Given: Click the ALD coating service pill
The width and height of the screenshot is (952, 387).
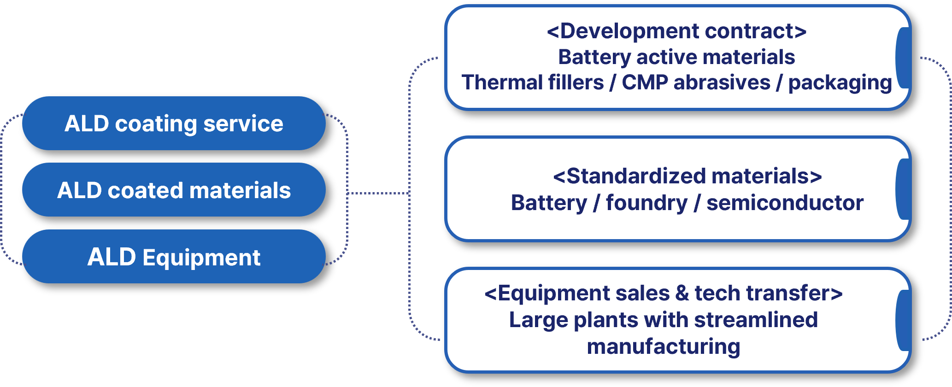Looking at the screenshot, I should coord(174,123).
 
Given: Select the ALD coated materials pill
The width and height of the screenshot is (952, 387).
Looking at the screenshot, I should coord(174,190).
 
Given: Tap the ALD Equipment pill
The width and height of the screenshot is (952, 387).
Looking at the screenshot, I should coord(174,257).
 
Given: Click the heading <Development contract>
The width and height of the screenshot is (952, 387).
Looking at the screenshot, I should coord(676,31).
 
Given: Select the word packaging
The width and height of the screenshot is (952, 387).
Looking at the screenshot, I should coord(840,83).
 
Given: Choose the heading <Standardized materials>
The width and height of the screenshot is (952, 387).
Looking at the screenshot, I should coord(687,176).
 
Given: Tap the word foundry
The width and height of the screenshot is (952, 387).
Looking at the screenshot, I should coord(646,203).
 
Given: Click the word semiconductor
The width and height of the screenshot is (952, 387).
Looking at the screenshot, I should coord(785,203).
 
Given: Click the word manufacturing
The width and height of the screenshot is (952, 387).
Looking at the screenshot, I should coord(664,346).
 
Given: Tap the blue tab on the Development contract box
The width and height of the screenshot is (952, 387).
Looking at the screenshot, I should coord(903,58).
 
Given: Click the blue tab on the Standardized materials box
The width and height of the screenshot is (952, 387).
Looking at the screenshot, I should coord(903,189).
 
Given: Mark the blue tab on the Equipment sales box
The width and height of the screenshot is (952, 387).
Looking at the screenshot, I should coord(903,320).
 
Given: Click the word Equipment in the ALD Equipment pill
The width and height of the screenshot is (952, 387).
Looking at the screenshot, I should coord(201,258).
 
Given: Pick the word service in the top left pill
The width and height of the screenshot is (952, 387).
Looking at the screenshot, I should coord(243,123).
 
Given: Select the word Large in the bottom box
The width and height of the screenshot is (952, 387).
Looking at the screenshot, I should coord(538,320).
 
